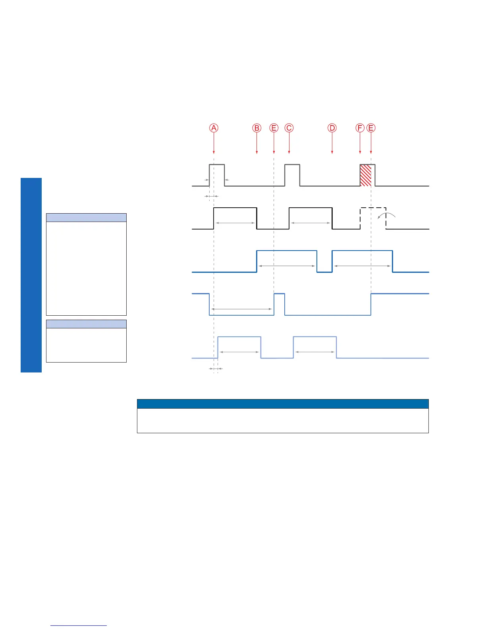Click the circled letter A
214,128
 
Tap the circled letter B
257,128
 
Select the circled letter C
289,128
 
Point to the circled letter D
332,128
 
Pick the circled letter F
360,128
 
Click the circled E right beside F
371,128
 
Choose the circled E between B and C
274,128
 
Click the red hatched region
365,175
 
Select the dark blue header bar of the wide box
283,403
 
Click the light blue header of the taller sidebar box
86,218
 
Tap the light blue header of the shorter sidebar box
86,324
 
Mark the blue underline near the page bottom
79,625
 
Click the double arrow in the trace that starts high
241,309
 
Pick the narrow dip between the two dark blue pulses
324,266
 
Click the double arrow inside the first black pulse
235,223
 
